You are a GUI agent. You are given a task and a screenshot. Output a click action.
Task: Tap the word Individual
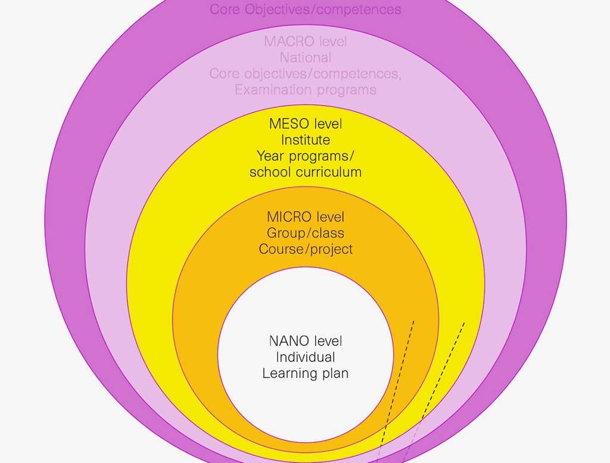(305, 358)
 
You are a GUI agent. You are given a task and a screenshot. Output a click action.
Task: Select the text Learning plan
(305, 374)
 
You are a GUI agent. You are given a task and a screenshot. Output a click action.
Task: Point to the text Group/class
(305, 233)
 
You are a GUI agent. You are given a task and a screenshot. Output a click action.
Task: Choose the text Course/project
(306, 249)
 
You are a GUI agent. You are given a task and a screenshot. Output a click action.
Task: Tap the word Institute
(305, 140)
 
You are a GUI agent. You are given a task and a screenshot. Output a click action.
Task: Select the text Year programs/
(305, 156)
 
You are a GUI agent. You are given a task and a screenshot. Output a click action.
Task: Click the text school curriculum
(305, 172)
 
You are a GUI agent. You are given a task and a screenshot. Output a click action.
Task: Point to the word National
(305, 58)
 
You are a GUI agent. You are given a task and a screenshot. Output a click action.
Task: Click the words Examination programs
(305, 90)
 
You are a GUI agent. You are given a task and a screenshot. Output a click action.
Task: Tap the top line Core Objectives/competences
(305, 10)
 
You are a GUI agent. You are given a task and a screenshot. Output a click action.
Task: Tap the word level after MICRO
(330, 217)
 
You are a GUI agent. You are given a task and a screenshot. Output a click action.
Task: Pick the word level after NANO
(328, 341)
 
